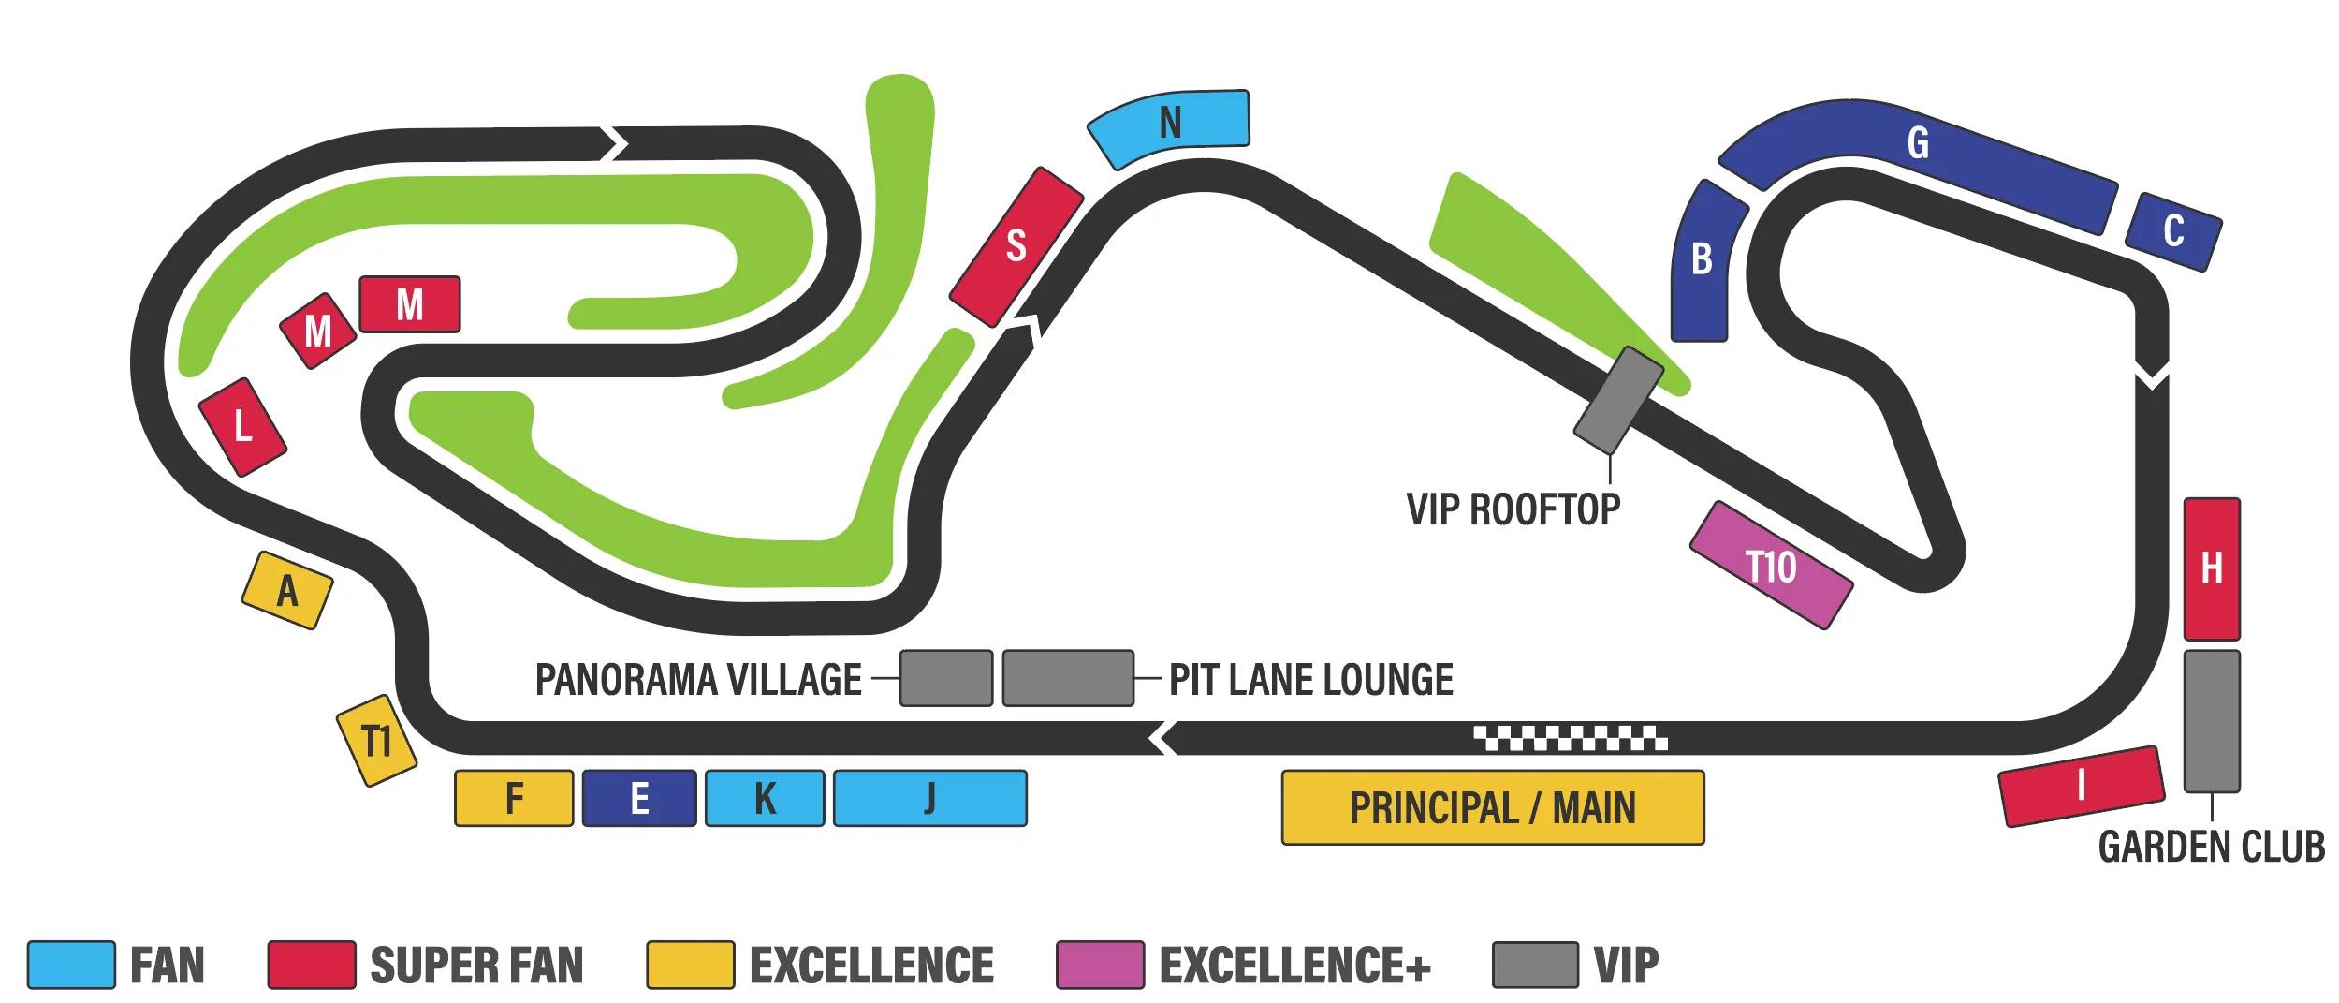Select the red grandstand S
(x=1016, y=246)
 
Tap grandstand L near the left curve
(x=242, y=427)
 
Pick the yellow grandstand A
(x=287, y=590)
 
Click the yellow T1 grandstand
(x=376, y=740)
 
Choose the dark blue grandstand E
(x=639, y=798)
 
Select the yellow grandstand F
(x=514, y=798)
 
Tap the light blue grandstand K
(x=765, y=798)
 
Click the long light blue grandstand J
(x=929, y=798)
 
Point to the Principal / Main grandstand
(x=1492, y=807)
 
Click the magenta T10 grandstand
(x=1771, y=566)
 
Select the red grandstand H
(x=2212, y=568)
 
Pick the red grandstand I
(x=2082, y=786)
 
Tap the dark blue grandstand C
(x=2173, y=231)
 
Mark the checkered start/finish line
(x=1570, y=738)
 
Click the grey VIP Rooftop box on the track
(x=1618, y=400)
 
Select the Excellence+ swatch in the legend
(x=1100, y=965)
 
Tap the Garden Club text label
(x=2211, y=847)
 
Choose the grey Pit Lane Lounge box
(x=1068, y=678)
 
